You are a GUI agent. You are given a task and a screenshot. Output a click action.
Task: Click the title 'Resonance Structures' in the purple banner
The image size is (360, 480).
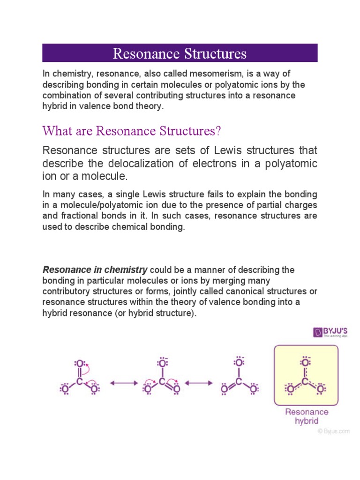[x=180, y=53]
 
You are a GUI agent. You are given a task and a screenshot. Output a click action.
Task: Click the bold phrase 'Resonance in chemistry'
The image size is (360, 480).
[x=95, y=270]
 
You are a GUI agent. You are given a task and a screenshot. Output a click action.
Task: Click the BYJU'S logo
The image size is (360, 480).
[x=330, y=333]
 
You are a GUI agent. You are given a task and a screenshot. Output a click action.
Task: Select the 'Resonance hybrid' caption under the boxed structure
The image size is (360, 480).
[x=307, y=416]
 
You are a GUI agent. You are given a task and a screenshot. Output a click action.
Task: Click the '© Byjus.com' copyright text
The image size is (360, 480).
[x=332, y=431]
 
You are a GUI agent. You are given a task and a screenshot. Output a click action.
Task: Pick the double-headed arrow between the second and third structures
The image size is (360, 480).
[x=199, y=383]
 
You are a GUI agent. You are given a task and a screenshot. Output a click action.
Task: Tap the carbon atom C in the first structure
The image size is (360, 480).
[x=80, y=382]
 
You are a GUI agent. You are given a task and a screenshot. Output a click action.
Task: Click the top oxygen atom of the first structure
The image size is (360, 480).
[x=80, y=364]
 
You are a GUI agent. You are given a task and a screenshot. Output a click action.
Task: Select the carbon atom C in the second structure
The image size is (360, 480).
[x=162, y=382]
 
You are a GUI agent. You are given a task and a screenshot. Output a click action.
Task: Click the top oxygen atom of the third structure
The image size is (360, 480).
[x=239, y=363]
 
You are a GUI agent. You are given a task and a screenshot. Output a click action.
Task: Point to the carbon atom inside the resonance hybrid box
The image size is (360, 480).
[x=306, y=382]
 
